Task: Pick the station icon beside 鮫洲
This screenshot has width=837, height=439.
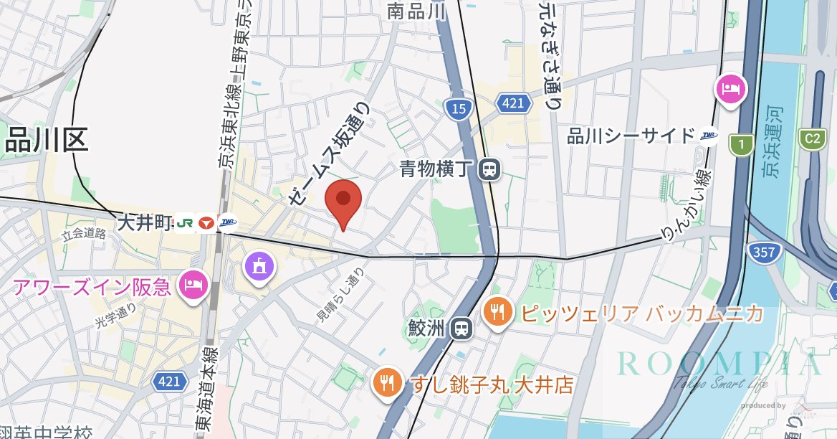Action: click(x=460, y=329)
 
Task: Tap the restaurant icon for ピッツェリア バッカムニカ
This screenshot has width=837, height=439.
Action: click(x=497, y=313)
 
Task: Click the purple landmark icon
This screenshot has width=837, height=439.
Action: click(x=259, y=267)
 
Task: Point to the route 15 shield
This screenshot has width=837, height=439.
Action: click(x=458, y=109)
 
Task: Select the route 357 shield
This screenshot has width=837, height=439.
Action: click(x=764, y=251)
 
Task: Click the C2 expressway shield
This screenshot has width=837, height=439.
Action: click(x=813, y=137)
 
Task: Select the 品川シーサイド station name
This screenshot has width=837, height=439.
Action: click(x=631, y=136)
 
